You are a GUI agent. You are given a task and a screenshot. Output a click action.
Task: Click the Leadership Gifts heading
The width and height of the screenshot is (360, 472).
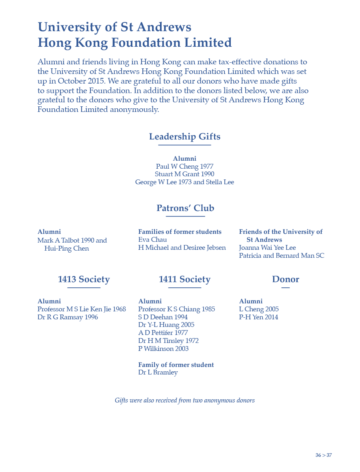coord(184,137)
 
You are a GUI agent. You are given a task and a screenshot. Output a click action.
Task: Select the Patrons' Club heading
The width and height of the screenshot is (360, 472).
coord(185,208)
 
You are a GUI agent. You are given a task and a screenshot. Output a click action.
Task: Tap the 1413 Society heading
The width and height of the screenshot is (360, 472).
coord(84,279)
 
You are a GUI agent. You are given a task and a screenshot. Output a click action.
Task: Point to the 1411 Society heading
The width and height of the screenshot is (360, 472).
coord(184,279)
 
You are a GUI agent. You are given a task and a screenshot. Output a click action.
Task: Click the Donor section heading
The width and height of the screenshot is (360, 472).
coord(285,279)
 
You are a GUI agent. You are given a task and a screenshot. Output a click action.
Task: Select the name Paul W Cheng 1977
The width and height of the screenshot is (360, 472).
coord(184,166)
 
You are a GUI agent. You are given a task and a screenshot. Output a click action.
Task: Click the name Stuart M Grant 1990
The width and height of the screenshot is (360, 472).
coord(184,174)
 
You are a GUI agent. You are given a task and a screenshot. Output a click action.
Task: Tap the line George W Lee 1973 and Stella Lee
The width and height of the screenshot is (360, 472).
coord(184,182)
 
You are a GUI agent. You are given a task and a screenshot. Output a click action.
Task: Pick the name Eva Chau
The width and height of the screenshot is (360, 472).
coord(152,240)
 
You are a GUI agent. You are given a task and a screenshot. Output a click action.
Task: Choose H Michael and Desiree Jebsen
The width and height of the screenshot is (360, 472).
coord(182,248)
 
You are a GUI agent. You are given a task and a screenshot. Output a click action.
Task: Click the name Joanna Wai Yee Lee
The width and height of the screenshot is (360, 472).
coord(267,248)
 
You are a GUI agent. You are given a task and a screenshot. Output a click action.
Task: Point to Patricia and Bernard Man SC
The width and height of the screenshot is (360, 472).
coord(282,256)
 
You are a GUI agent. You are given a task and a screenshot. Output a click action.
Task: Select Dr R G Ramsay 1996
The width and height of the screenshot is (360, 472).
coord(68,317)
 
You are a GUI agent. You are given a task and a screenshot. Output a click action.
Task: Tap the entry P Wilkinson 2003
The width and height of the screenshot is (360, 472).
coord(163,349)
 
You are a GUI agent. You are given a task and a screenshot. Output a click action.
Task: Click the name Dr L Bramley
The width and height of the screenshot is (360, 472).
coord(158,372)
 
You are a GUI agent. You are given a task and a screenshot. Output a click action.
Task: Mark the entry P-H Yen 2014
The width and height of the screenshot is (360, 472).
coord(258,317)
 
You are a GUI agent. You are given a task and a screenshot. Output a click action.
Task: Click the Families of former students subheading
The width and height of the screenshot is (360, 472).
coord(180,232)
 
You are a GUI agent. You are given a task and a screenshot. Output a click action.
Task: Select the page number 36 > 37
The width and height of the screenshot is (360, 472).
coord(323,455)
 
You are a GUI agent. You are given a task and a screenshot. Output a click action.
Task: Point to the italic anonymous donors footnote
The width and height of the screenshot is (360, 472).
coord(184,400)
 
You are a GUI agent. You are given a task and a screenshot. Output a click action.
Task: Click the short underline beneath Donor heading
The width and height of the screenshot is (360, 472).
coord(285,288)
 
